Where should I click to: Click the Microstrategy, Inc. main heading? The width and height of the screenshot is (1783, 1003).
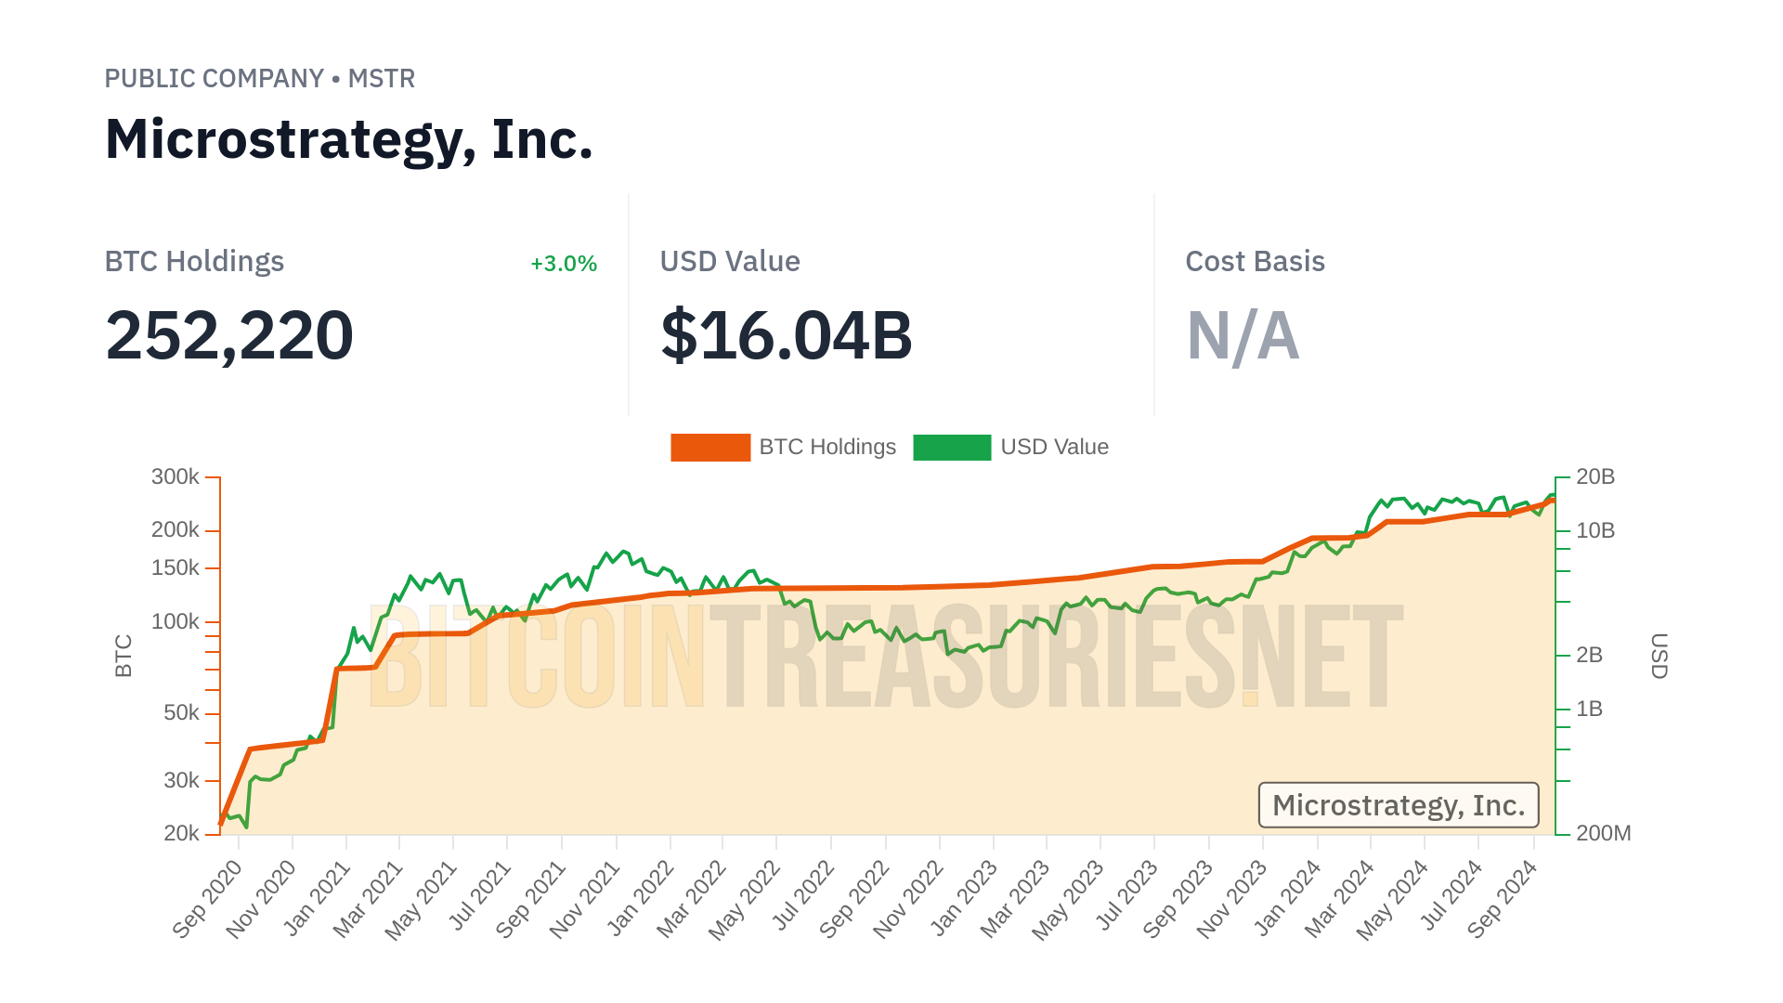coord(348,139)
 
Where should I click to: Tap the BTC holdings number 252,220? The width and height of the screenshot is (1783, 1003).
coord(229,335)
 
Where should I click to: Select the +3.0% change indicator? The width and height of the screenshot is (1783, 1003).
coord(563,264)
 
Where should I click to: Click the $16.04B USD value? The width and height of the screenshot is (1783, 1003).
coord(786,335)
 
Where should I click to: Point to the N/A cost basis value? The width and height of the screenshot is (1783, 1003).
coord(1243,335)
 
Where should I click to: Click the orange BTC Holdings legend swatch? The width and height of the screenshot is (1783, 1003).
coord(710,448)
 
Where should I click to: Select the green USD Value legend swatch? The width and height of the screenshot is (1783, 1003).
coord(952,448)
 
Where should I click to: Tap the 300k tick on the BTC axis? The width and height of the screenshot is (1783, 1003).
coord(176,477)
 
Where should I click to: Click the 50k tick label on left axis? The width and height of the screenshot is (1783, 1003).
coord(181,713)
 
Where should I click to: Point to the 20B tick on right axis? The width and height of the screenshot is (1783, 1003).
coord(1594,477)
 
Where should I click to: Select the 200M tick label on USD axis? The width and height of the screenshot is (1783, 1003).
coord(1603,833)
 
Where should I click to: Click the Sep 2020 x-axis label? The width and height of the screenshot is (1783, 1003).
coord(208,899)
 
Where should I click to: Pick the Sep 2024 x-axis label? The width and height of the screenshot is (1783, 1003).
coord(1503,899)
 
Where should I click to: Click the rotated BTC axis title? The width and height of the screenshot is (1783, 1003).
coord(124,656)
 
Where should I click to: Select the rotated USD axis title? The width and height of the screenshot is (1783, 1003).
coord(1659,656)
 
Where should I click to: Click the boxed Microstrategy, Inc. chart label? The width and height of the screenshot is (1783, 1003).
coord(1398,805)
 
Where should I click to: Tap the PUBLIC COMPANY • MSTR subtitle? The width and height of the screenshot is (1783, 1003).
coord(259,79)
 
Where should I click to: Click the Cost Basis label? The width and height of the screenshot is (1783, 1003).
coord(1255,262)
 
